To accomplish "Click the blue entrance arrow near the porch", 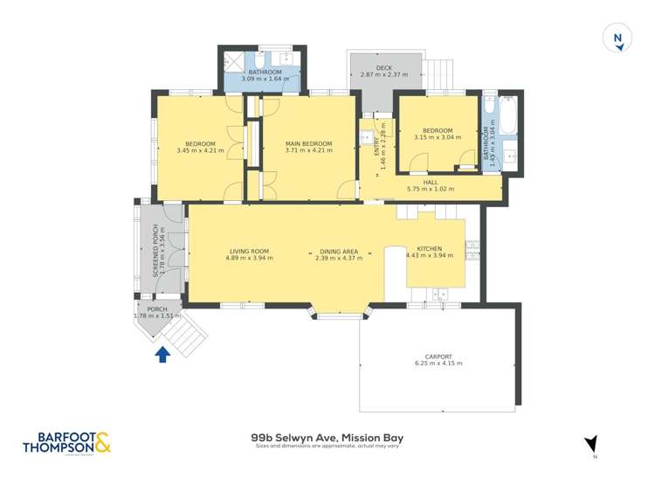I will (162, 354).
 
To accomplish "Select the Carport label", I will (438, 357).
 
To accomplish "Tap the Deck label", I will (384, 68).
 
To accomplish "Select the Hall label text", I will (431, 182).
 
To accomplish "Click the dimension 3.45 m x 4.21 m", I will (200, 150).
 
